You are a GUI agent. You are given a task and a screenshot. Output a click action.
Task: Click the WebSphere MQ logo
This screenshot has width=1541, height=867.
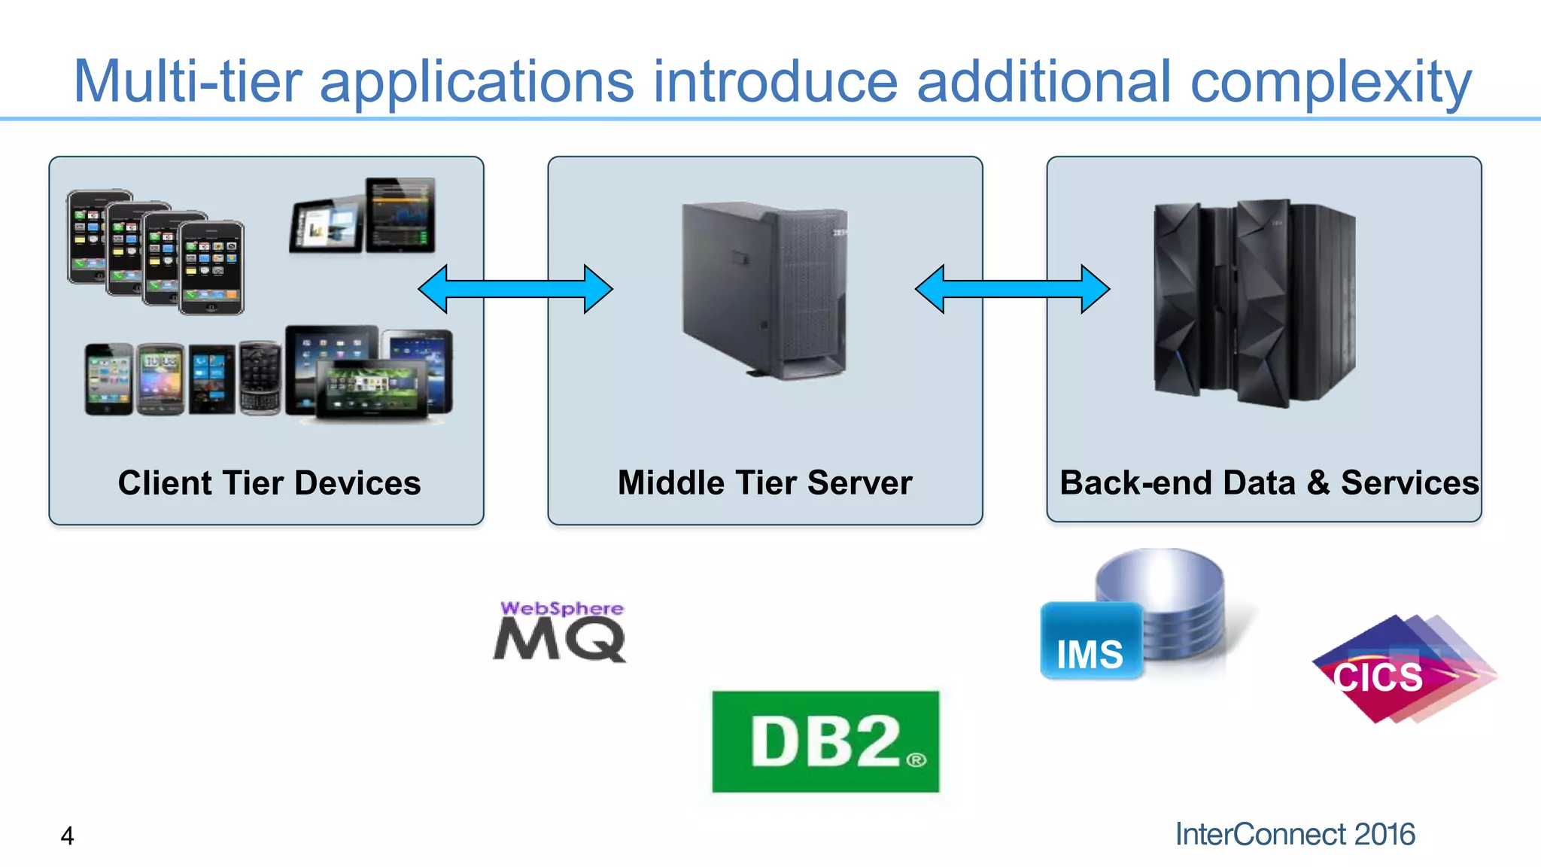click(560, 632)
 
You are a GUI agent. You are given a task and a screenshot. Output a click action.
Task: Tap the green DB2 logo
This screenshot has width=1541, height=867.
click(825, 742)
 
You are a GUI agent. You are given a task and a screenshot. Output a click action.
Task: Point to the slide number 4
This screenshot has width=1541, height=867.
click(67, 836)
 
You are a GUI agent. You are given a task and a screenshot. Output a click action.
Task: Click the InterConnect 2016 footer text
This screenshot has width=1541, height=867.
click(1295, 835)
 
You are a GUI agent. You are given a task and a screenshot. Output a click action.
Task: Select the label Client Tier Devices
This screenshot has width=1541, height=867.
click(269, 483)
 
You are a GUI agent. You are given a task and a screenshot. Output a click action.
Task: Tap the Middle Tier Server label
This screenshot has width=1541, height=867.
click(764, 483)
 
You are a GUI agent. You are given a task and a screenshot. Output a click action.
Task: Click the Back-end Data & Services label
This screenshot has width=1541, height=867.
click(1269, 483)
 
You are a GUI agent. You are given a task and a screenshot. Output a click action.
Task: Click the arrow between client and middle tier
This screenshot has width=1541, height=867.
click(515, 289)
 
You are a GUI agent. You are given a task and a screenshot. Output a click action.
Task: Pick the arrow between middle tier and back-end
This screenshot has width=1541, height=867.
click(1012, 289)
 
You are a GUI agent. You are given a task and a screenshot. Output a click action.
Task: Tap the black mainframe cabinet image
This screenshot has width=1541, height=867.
click(1254, 303)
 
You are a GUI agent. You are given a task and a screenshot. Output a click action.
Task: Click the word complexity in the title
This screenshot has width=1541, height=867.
click(1330, 81)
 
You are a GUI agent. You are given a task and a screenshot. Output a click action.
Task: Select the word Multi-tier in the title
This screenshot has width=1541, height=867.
click(187, 81)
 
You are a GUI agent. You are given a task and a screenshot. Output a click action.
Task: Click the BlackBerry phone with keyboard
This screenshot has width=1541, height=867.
click(260, 379)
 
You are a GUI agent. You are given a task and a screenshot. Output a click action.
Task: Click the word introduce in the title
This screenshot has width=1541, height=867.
click(775, 81)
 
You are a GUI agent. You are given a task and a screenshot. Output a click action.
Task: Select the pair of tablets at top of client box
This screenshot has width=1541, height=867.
click(363, 217)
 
